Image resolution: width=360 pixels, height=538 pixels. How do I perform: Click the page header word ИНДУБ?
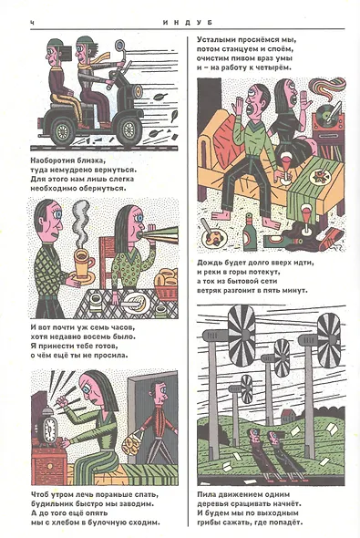click(188, 23)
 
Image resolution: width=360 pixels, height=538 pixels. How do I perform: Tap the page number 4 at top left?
click(32, 23)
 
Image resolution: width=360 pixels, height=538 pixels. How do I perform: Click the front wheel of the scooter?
click(129, 130)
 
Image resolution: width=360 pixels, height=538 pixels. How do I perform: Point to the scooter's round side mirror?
click(119, 45)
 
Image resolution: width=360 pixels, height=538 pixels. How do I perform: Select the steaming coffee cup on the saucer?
click(83, 264)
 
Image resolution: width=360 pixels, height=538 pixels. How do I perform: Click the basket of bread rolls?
click(166, 283)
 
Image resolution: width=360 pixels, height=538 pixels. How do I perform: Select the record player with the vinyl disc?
click(328, 118)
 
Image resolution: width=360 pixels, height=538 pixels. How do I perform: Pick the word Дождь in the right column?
click(208, 263)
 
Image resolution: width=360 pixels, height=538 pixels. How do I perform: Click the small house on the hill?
click(287, 416)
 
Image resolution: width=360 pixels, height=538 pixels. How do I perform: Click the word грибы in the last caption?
click(208, 523)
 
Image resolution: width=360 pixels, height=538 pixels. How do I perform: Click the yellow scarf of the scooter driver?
click(93, 60)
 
